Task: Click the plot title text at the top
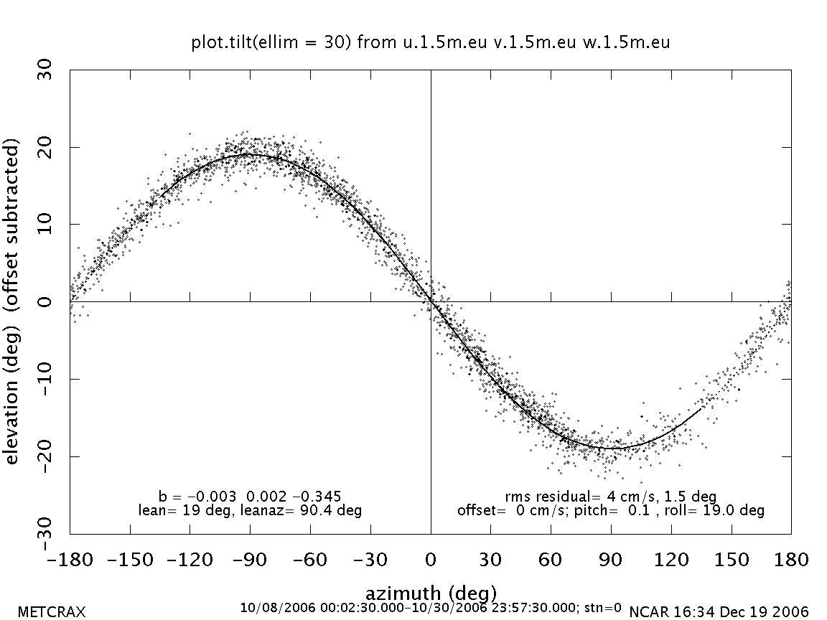[x=431, y=42]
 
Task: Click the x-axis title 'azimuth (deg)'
[x=431, y=593]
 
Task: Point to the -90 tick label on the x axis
[x=251, y=559]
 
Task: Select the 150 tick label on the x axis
[x=731, y=559]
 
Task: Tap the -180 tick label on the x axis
[x=70, y=559]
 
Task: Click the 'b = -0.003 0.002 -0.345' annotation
[x=249, y=496]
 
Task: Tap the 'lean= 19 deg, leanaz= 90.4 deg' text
[x=249, y=510]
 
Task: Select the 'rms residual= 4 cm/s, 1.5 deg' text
[x=611, y=496]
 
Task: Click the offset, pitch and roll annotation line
[x=611, y=510]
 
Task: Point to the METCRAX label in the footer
[x=51, y=612]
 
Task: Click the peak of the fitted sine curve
[x=250, y=154]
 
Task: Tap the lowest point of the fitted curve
[x=612, y=448]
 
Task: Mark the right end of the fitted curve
[x=701, y=408]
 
